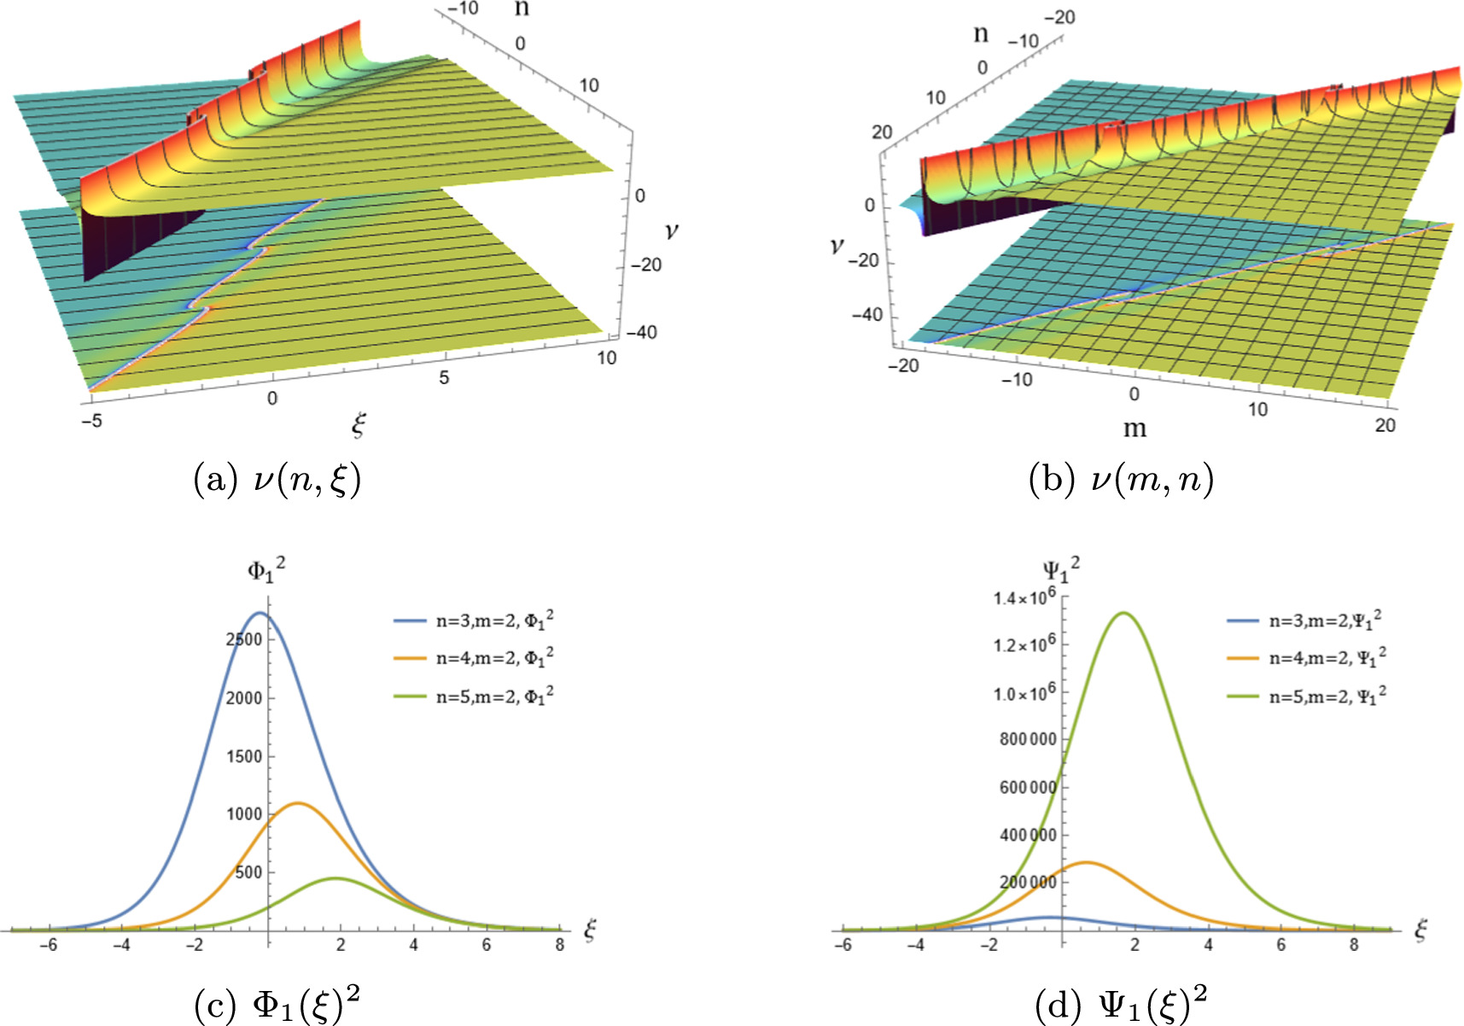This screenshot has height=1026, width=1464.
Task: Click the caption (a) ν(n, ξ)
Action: click(x=277, y=480)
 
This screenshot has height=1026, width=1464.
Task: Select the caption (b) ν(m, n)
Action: click(x=1122, y=480)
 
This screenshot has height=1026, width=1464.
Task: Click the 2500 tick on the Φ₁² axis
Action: click(x=244, y=639)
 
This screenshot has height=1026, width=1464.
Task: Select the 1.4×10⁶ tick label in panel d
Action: click(x=1024, y=598)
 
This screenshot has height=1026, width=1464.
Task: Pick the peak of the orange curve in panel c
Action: click(x=297, y=803)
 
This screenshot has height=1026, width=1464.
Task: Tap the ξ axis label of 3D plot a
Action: click(x=359, y=424)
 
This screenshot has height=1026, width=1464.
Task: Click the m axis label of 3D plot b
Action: click(x=1134, y=428)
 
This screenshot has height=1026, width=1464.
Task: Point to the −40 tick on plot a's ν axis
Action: click(x=641, y=332)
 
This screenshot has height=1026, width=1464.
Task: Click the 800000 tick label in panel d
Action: click(x=1028, y=739)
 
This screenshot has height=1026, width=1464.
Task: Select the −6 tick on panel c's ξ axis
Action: click(x=50, y=946)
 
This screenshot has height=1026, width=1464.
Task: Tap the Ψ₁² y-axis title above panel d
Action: click(x=1061, y=568)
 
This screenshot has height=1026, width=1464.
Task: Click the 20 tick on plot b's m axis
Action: click(x=1385, y=425)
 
